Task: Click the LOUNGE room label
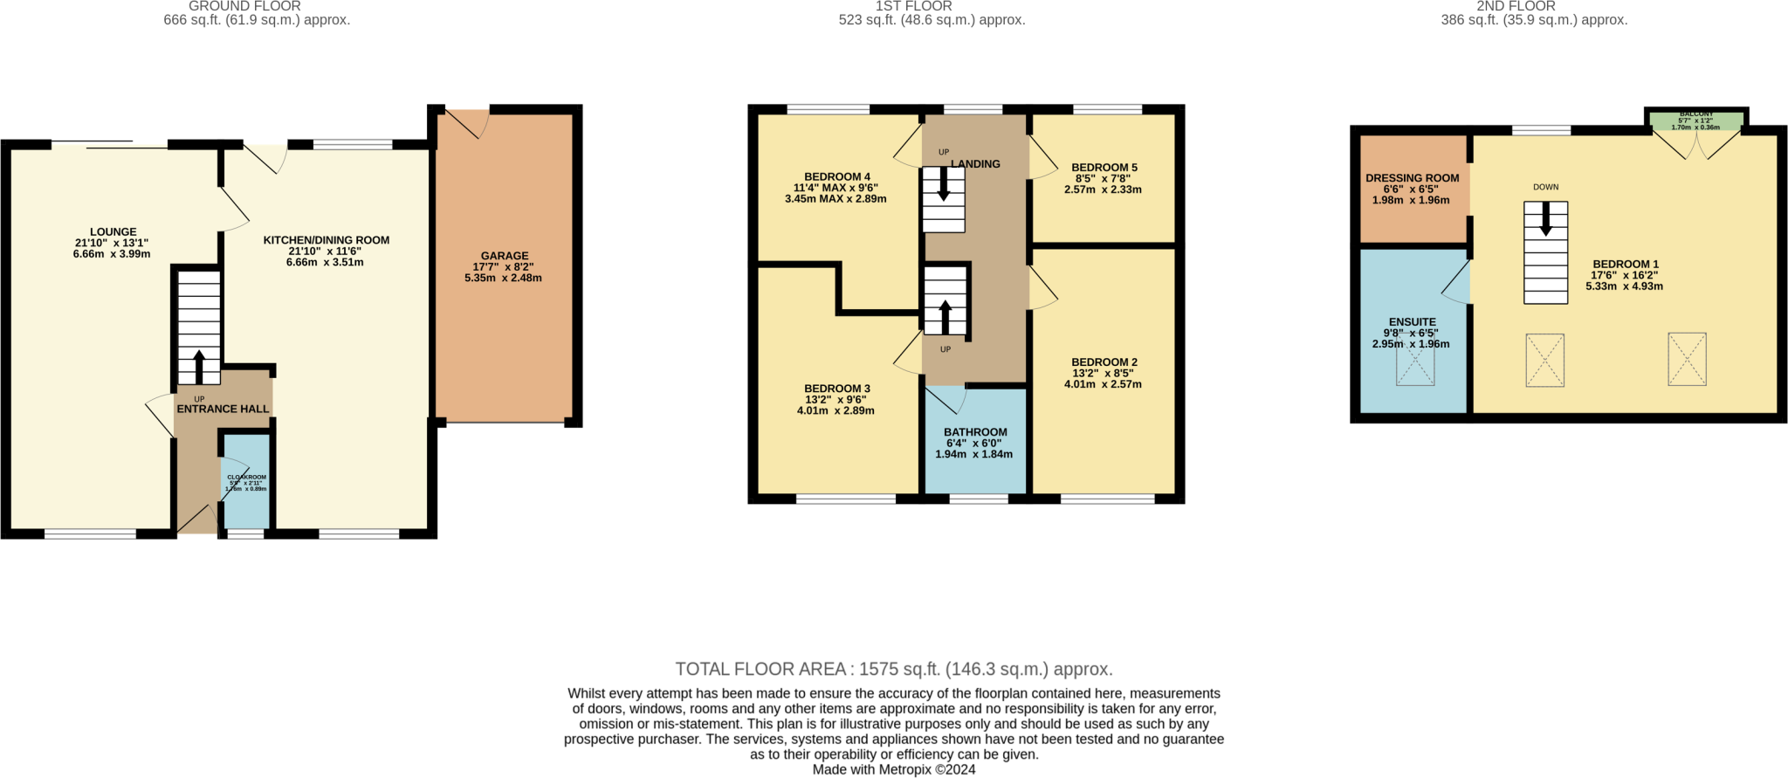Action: (113, 232)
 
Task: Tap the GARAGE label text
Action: (505, 256)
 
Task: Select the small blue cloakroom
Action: (246, 482)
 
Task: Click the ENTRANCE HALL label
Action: (223, 409)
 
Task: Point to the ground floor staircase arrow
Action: (199, 367)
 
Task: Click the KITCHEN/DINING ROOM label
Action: (327, 240)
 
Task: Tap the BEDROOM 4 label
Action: (837, 176)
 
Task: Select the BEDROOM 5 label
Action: (1104, 168)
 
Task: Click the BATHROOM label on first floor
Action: (975, 432)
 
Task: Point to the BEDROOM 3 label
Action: (837, 389)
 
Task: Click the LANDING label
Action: (975, 164)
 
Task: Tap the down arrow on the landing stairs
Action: (944, 185)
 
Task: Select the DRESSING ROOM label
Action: (1412, 178)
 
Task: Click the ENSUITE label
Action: (1412, 322)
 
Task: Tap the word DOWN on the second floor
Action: (1545, 187)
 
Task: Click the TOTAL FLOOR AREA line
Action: (893, 670)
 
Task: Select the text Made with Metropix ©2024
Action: (893, 770)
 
